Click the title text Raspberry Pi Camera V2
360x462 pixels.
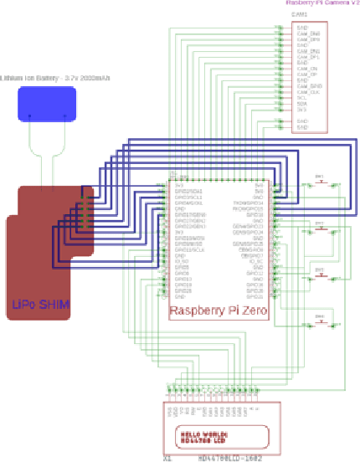pos(322,4)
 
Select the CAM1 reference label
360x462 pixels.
pos(299,15)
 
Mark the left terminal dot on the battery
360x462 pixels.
pos(31,116)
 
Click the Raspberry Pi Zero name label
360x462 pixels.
pos(219,311)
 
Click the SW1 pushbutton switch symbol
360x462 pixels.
pos(319,183)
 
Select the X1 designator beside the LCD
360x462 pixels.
pos(167,458)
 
